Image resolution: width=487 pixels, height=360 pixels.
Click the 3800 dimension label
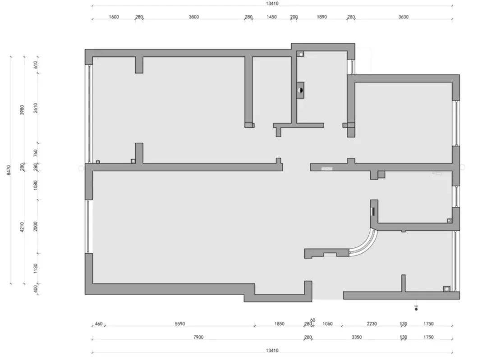tap(194, 17)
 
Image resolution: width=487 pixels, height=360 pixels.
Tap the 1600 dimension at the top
tap(114, 17)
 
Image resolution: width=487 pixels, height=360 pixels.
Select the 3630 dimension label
tap(403, 17)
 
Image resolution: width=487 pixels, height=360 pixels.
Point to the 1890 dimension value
tap(322, 17)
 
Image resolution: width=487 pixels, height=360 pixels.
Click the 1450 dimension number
tap(271, 17)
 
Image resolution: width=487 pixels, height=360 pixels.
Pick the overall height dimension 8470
tap(9, 170)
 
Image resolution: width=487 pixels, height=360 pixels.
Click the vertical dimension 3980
tap(22, 110)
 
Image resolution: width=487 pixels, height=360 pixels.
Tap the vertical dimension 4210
tap(22, 227)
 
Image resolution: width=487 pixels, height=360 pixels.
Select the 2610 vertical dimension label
tap(36, 108)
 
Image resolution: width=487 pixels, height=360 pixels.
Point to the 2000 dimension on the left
tap(36, 226)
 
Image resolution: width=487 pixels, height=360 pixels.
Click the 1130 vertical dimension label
tap(36, 268)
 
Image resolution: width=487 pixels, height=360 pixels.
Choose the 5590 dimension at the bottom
tap(179, 324)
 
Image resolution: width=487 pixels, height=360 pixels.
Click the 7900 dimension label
tap(198, 337)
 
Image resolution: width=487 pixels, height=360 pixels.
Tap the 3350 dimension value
tap(357, 337)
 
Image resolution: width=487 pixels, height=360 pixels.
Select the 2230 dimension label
tap(372, 324)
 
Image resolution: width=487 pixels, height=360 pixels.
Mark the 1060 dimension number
tap(327, 324)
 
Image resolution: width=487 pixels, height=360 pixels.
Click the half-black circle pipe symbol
tap(300, 90)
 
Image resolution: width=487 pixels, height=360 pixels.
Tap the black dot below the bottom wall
tap(416, 309)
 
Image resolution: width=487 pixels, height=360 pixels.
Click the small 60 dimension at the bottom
tap(312, 320)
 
